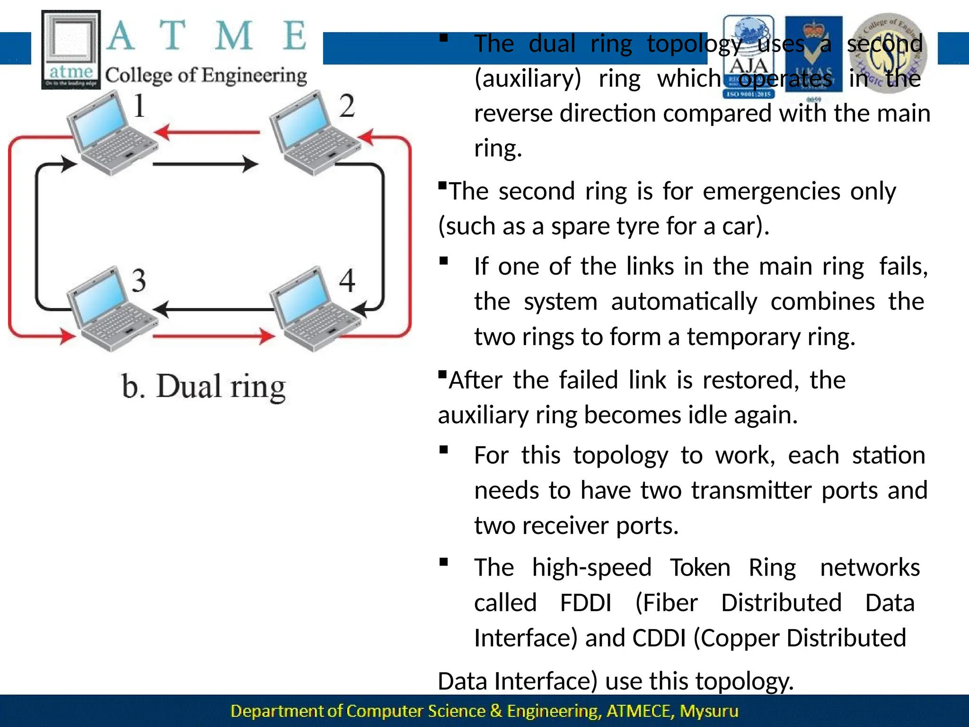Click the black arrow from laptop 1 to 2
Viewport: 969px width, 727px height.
point(205,164)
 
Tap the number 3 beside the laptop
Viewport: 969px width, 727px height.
point(139,280)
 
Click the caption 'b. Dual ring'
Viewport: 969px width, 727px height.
point(203,387)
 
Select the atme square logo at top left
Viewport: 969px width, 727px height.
point(71,50)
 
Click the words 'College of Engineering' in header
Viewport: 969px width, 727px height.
point(206,75)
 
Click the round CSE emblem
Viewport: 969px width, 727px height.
point(888,53)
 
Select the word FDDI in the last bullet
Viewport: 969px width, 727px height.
point(586,603)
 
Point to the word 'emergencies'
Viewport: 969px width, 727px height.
point(771,191)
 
